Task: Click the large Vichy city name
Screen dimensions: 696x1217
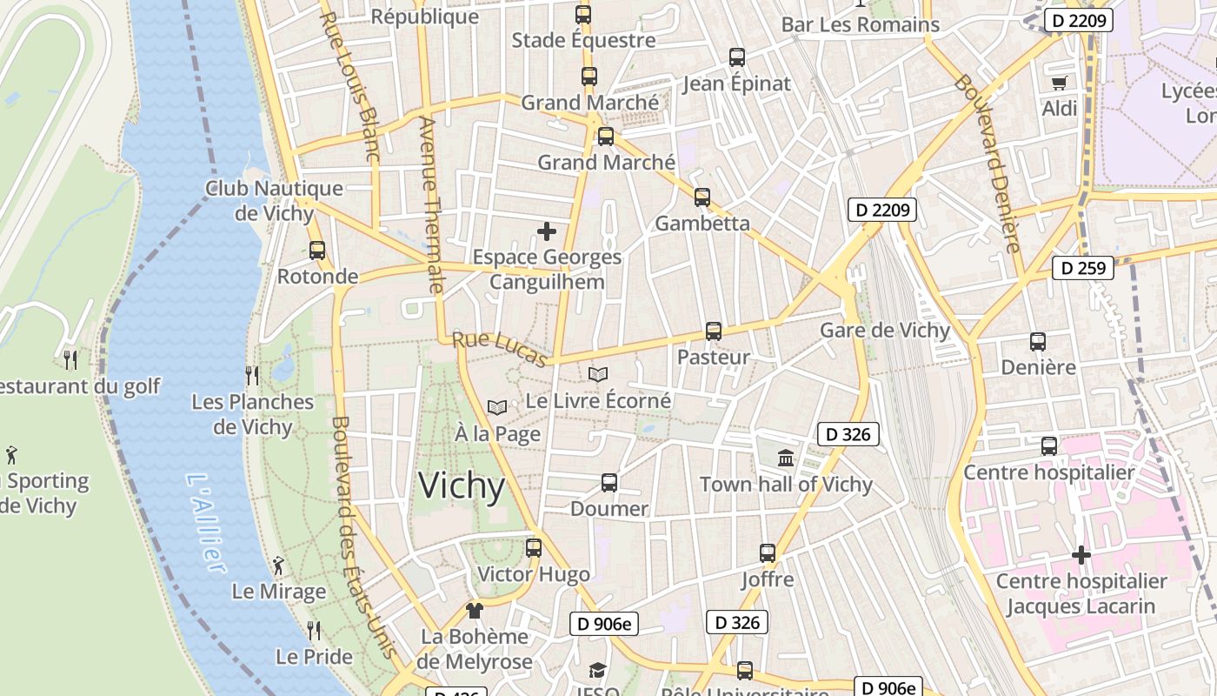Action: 462,485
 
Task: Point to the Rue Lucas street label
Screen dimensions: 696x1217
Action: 499,350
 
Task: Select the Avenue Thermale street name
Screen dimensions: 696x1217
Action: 431,205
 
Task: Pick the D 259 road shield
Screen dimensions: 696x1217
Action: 1083,268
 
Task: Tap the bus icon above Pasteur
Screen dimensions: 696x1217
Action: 714,331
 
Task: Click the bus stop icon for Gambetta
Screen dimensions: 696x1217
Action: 702,197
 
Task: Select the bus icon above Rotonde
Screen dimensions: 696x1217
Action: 317,251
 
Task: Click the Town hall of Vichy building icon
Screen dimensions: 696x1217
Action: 786,458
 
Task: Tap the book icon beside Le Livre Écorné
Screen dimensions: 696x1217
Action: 597,375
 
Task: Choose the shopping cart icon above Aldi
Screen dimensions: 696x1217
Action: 1059,84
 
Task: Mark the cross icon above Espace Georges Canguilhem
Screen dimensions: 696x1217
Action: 547,231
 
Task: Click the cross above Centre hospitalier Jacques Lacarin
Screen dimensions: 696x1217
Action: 1081,555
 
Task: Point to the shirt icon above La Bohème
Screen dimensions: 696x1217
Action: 474,611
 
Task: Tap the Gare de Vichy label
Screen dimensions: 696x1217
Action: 885,331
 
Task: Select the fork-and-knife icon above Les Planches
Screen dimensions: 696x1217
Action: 252,376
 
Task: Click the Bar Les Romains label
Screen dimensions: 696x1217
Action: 860,24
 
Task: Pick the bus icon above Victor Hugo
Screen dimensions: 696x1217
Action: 534,548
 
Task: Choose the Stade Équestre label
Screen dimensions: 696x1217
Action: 583,40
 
